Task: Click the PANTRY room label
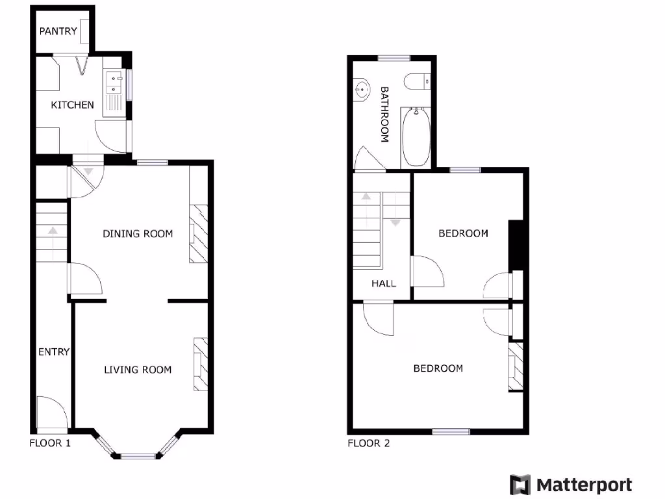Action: (x=58, y=31)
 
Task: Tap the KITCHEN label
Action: (x=73, y=105)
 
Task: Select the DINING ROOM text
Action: (x=138, y=234)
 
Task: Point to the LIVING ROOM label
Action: (x=138, y=370)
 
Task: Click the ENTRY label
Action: (x=53, y=352)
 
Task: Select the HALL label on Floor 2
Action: (x=384, y=283)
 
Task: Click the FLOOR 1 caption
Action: (x=50, y=444)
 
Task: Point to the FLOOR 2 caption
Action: (x=368, y=444)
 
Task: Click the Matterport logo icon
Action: (x=520, y=485)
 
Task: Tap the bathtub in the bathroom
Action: (x=416, y=137)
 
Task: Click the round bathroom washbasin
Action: (x=361, y=90)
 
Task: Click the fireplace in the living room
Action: (x=201, y=364)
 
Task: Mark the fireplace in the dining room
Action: (x=198, y=234)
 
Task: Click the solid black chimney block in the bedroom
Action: (x=516, y=245)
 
